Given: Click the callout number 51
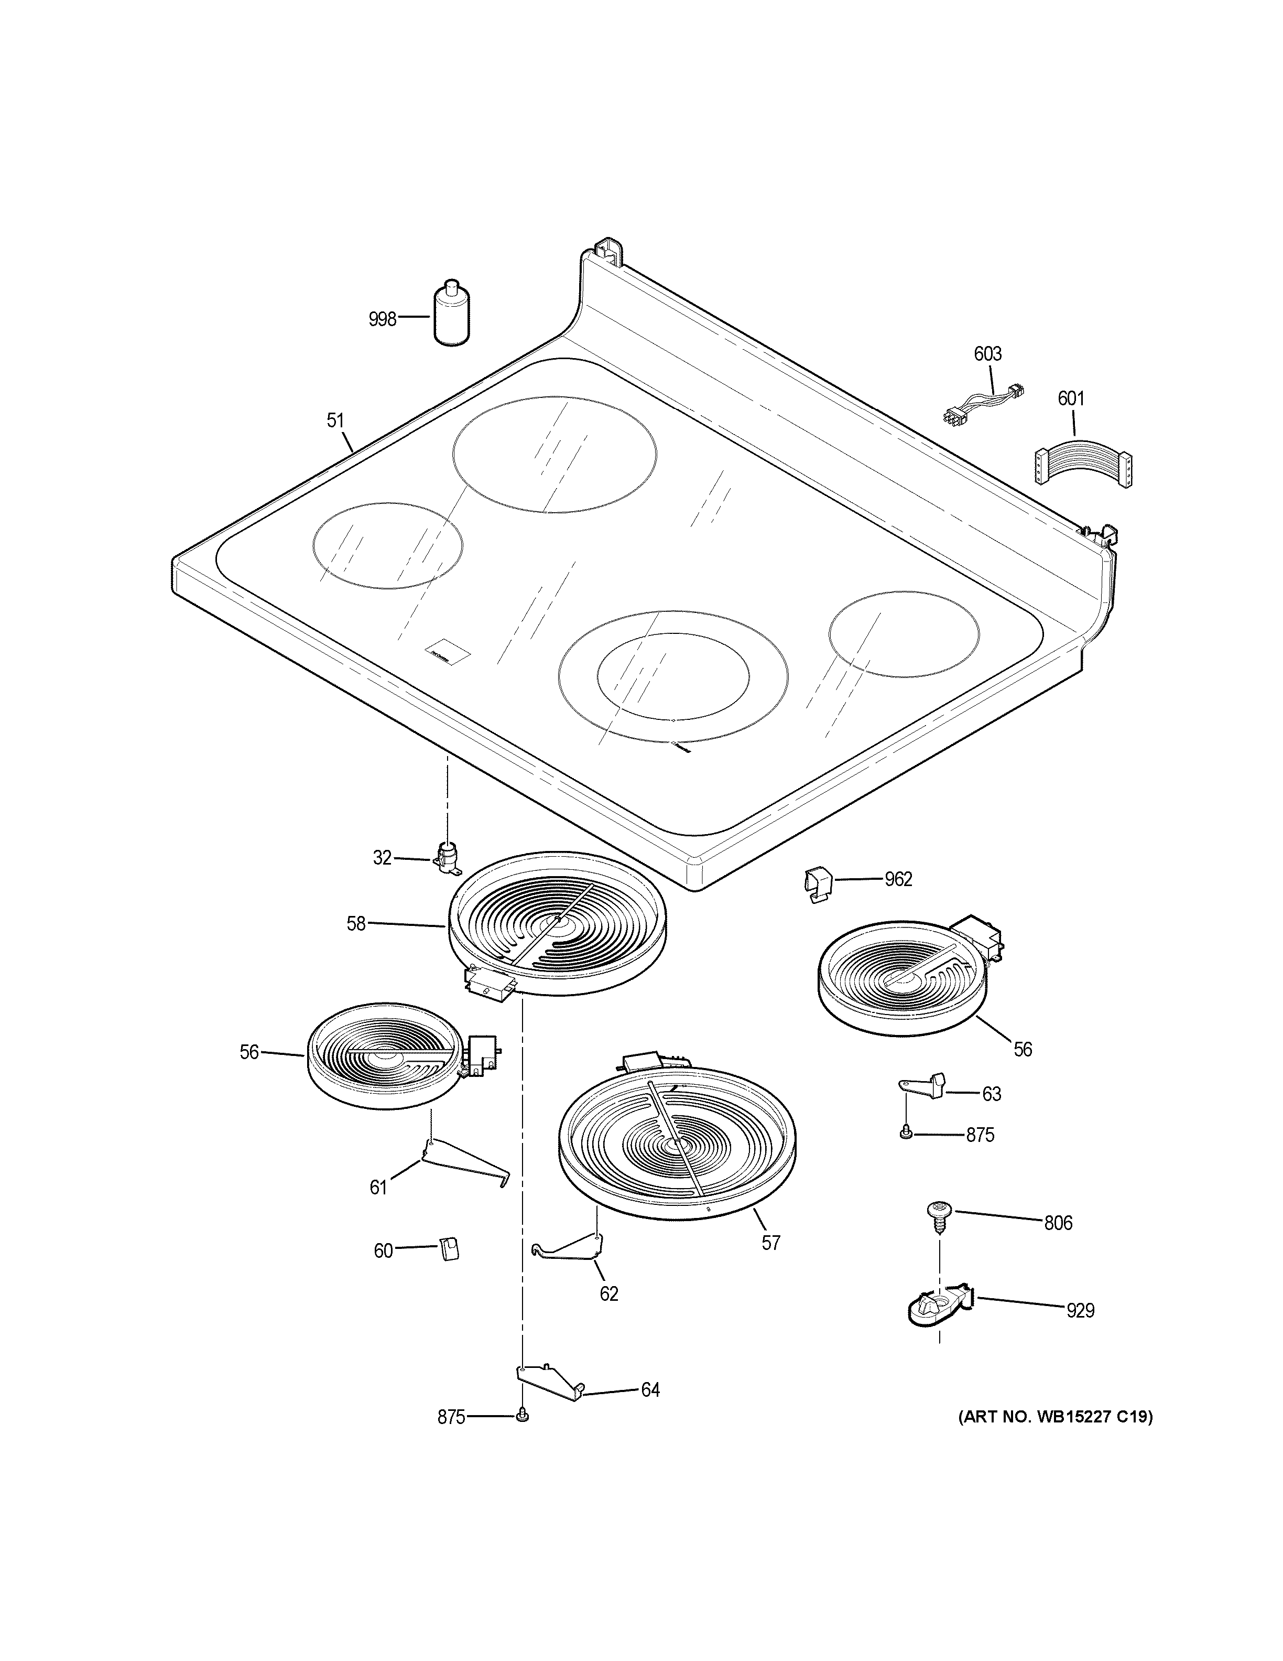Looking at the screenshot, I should point(335,420).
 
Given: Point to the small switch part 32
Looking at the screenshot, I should point(447,859).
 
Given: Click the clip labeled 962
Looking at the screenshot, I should point(817,885).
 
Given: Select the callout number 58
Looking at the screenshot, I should point(356,923).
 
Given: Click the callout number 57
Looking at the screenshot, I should point(771,1243).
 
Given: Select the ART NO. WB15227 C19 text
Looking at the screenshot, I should point(1053,1416).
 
